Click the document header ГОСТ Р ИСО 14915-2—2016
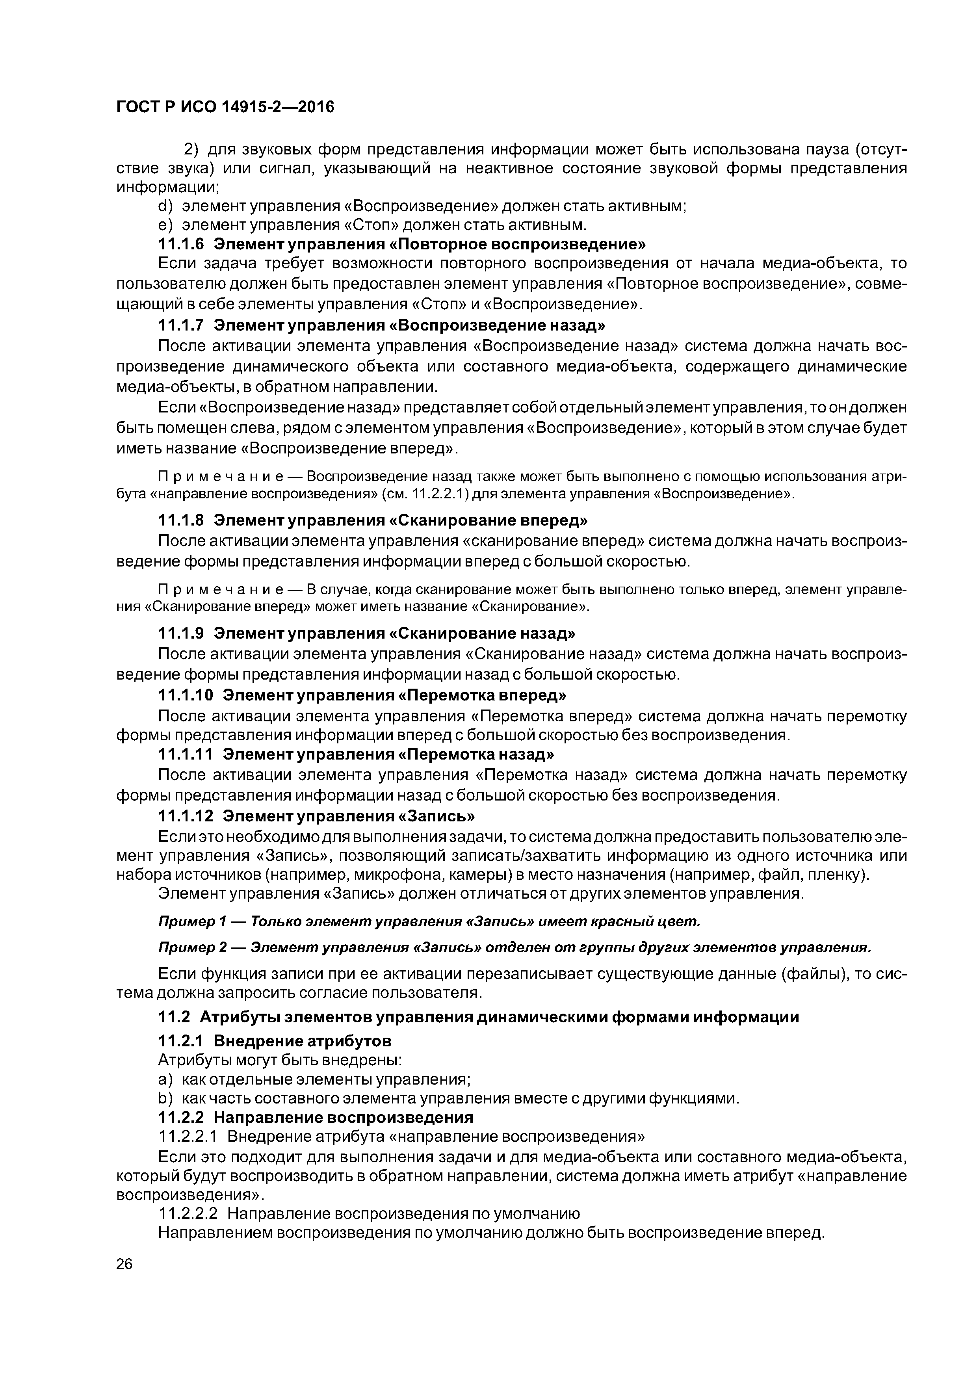225,107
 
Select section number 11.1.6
181,244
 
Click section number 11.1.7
181,326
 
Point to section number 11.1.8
181,520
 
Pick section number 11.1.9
181,633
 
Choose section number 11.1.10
186,695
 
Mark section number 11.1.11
186,754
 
